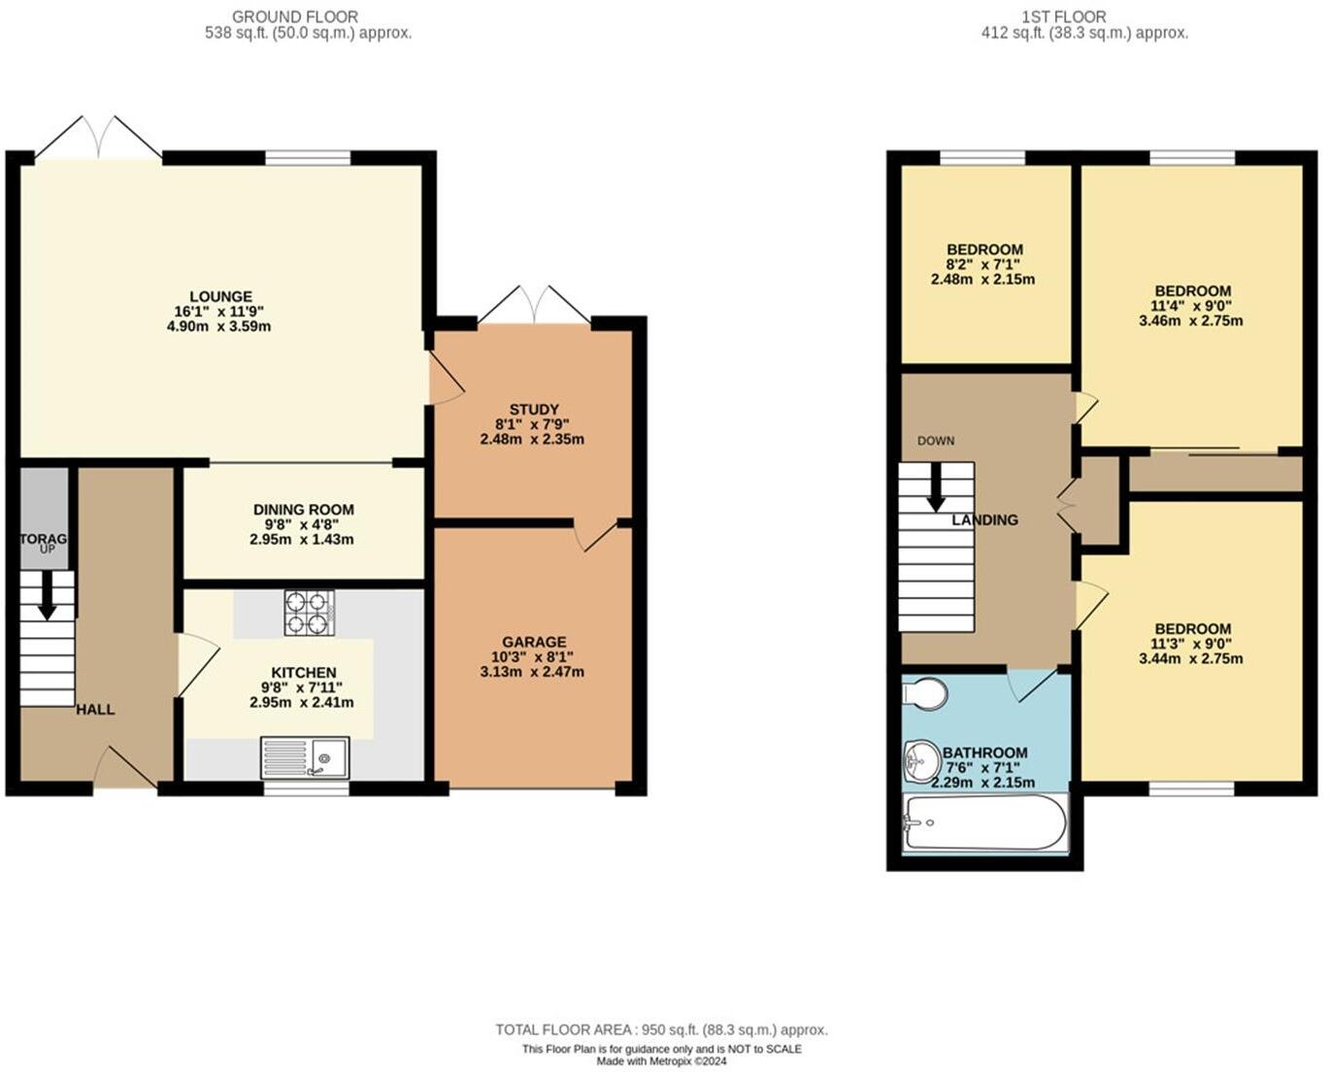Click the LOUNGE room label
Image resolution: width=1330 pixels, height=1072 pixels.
220,297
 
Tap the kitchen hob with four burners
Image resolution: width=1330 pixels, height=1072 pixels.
309,613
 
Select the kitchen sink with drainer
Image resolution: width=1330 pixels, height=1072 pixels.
305,757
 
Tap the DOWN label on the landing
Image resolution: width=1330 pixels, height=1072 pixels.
936,441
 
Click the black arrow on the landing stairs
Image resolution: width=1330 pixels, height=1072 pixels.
936,487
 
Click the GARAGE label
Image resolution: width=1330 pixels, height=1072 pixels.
534,642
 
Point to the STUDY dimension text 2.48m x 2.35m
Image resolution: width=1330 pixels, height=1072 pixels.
532,439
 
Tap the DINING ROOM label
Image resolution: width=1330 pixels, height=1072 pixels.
304,510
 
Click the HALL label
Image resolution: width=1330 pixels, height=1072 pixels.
95,709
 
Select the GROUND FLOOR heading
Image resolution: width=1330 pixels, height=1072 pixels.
296,17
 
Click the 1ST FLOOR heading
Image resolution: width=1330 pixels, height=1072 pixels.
1084,17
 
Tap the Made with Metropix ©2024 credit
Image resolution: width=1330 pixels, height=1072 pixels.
661,1061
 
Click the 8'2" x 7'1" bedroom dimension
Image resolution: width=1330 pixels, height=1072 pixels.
985,264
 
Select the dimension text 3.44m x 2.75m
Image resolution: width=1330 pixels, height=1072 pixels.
1191,658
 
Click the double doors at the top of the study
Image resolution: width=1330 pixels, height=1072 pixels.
534,305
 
